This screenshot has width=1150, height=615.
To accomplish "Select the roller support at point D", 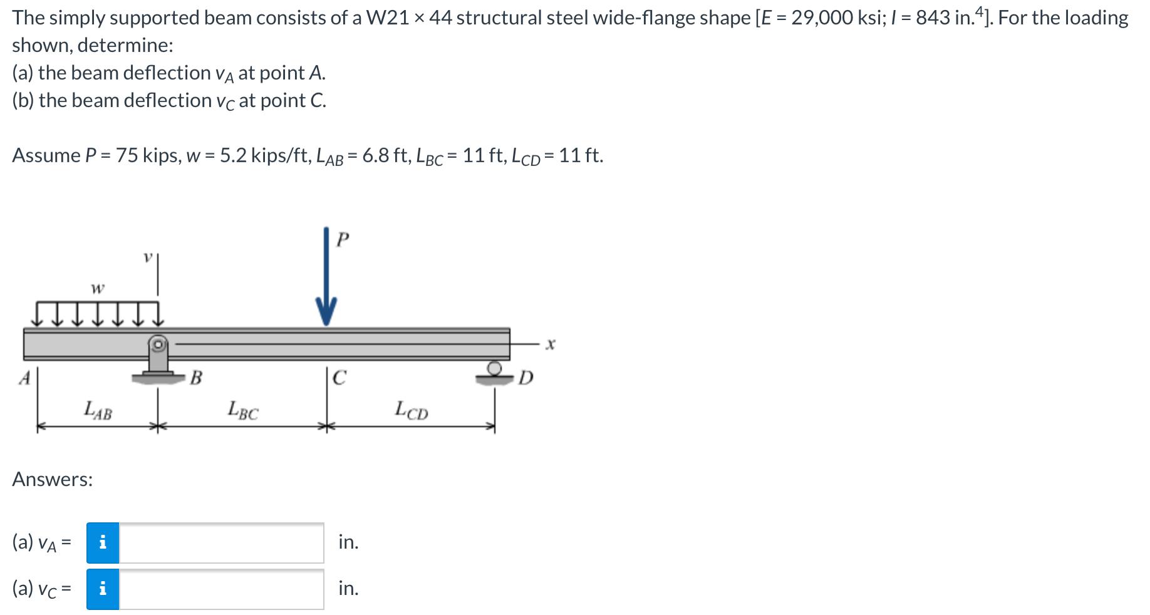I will pyautogui.click(x=495, y=370).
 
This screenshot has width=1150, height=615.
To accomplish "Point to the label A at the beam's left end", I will pyautogui.click(x=24, y=378).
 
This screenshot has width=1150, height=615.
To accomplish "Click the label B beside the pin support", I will pyautogui.click(x=196, y=378).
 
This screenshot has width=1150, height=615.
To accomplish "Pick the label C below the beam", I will pyautogui.click(x=339, y=378).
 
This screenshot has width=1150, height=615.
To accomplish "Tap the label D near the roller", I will pyautogui.click(x=526, y=378).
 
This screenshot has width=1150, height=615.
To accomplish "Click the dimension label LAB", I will pyautogui.click(x=98, y=411).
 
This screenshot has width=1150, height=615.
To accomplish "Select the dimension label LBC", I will pyautogui.click(x=243, y=411).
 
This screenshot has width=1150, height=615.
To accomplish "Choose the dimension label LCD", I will pyautogui.click(x=412, y=411).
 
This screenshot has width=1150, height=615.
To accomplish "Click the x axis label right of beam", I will pyautogui.click(x=550, y=344).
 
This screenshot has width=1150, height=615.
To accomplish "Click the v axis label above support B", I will pyautogui.click(x=148, y=257).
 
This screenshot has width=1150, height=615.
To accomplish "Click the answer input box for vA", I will pyautogui.click(x=221, y=543).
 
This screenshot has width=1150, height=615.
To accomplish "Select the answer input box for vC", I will pyautogui.click(x=221, y=589).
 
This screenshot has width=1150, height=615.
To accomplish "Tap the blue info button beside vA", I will pyautogui.click(x=103, y=543).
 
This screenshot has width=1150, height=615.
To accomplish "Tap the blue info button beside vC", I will pyautogui.click(x=103, y=589).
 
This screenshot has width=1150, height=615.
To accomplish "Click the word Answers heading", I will pyautogui.click(x=53, y=480).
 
